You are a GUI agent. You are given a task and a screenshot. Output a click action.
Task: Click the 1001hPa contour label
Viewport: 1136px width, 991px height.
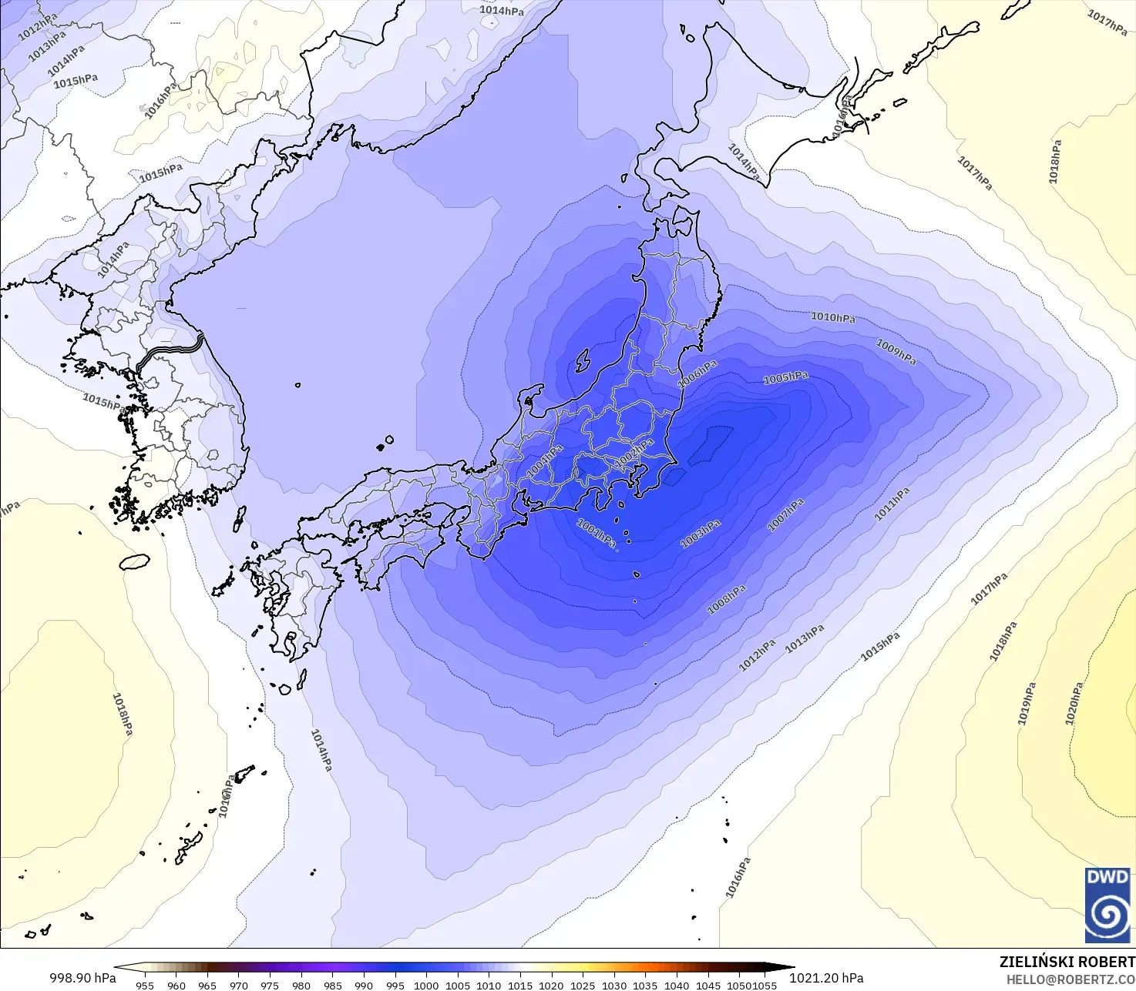tap(597, 533)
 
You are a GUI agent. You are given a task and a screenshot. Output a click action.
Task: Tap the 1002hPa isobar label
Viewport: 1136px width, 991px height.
tap(634, 452)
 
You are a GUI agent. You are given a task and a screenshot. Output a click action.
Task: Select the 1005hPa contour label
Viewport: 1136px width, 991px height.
tap(785, 377)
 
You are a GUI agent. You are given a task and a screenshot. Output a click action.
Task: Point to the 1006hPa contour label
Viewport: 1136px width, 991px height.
tap(697, 373)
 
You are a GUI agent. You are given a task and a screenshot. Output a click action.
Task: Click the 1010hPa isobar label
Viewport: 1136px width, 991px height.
tap(832, 317)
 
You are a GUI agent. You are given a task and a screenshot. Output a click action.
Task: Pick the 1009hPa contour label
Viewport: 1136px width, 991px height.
tap(896, 352)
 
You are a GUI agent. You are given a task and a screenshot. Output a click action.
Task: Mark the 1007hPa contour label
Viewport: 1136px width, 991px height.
tap(786, 514)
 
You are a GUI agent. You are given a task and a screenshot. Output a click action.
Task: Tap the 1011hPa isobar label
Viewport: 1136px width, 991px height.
tap(892, 504)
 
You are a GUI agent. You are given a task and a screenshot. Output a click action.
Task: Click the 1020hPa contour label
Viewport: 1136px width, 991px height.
tap(1074, 703)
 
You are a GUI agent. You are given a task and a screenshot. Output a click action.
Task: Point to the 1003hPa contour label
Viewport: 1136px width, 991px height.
tap(701, 534)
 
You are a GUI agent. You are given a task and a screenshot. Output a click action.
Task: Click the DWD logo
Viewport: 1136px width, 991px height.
tap(1107, 905)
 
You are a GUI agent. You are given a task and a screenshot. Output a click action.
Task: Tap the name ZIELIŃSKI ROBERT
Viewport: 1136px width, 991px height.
tap(1067, 962)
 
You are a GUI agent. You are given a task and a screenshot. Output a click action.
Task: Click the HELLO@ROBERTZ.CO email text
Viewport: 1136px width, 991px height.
tap(1070, 979)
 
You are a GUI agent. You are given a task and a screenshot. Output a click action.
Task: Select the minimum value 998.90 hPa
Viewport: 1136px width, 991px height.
tap(82, 978)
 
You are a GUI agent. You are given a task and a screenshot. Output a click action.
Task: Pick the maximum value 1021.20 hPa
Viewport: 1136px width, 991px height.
tap(826, 978)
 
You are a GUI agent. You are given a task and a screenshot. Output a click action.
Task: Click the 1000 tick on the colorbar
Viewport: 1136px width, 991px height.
tap(425, 985)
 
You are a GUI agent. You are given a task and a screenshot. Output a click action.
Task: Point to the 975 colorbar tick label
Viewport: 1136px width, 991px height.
tap(270, 985)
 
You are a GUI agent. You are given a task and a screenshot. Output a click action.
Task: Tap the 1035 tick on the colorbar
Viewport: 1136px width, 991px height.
tap(645, 985)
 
